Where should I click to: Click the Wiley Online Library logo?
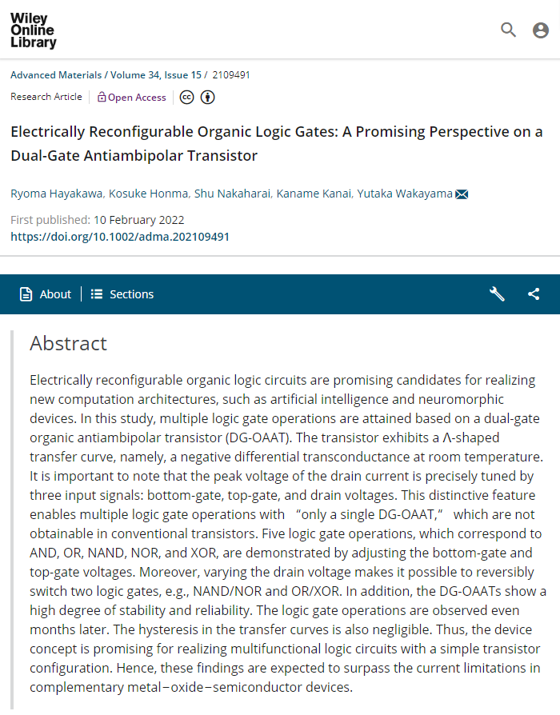tap(34, 31)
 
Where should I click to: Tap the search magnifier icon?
tap(508, 30)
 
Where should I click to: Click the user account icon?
tap(541, 30)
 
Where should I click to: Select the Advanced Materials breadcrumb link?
tap(56, 75)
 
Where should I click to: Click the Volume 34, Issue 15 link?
tap(156, 75)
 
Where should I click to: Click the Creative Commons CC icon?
tap(186, 98)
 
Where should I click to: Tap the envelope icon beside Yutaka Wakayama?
tap(462, 194)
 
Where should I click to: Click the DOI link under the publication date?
tap(120, 237)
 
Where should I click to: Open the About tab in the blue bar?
tap(46, 294)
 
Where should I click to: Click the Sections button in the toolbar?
tap(122, 294)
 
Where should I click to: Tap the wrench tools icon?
tap(497, 294)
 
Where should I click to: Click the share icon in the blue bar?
tap(534, 294)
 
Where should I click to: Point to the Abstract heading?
tap(68, 343)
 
